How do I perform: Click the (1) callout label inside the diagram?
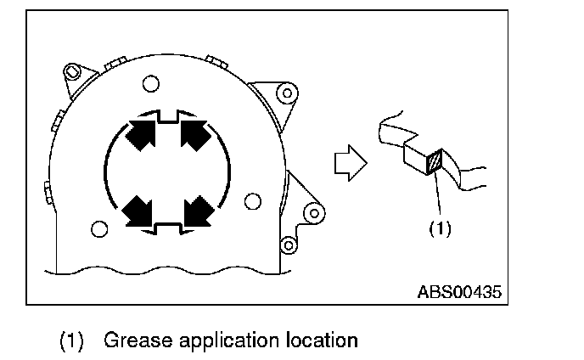pyautogui.click(x=440, y=228)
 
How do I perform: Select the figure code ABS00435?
pyautogui.click(x=459, y=292)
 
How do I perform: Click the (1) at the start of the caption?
pyautogui.click(x=70, y=340)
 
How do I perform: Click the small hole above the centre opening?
pyautogui.click(x=150, y=82)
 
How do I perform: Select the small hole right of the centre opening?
pyautogui.click(x=251, y=200)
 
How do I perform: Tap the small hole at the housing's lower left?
pyautogui.click(x=99, y=228)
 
